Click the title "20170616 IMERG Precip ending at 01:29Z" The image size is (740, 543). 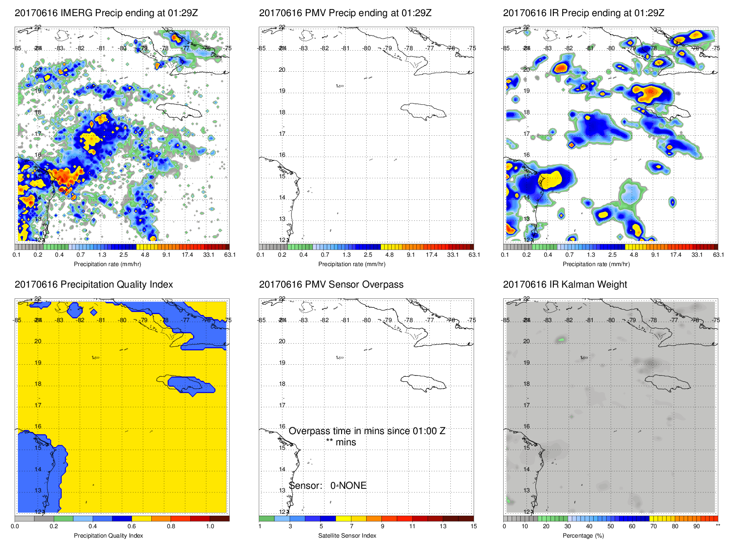coord(106,13)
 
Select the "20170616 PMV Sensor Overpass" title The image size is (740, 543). coord(331,284)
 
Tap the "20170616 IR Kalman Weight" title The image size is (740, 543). coord(565,284)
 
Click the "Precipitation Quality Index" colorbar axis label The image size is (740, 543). coord(108,535)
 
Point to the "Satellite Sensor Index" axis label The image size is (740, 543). coord(347,535)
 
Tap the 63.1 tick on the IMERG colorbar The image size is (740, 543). coord(230,255)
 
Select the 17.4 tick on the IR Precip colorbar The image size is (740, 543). coord(676,255)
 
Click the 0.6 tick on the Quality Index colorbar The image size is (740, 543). coord(132,526)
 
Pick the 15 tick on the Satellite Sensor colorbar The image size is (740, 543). coord(474,526)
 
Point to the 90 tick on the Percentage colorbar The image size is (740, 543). coord(697,526)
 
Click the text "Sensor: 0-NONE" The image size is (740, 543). coord(328,486)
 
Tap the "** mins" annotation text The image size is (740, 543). coord(341,442)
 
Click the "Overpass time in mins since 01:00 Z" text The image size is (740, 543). coord(367,431)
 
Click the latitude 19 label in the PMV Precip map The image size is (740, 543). coord(282,91)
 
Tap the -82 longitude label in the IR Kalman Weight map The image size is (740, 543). coord(569,320)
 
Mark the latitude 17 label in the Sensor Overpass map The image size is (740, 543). coord(282,405)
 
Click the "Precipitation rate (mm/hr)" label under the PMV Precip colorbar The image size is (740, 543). coord(351,264)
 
